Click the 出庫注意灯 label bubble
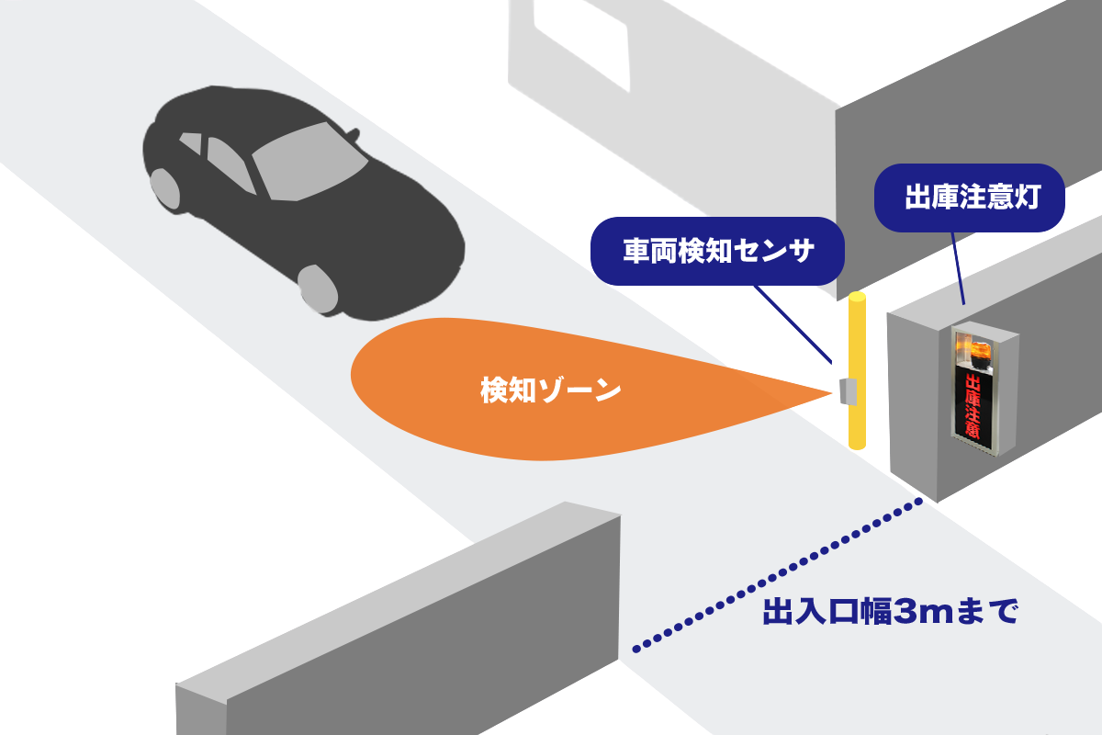pyautogui.click(x=969, y=198)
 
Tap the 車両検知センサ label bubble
pyautogui.click(x=717, y=252)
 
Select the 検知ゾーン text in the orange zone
pyautogui.click(x=551, y=390)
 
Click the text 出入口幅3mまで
pyautogui.click(x=890, y=612)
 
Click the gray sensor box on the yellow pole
pyautogui.click(x=848, y=391)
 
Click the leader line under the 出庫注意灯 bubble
pyautogui.click(x=957, y=266)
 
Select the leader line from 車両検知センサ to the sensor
pyautogui.click(x=792, y=322)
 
